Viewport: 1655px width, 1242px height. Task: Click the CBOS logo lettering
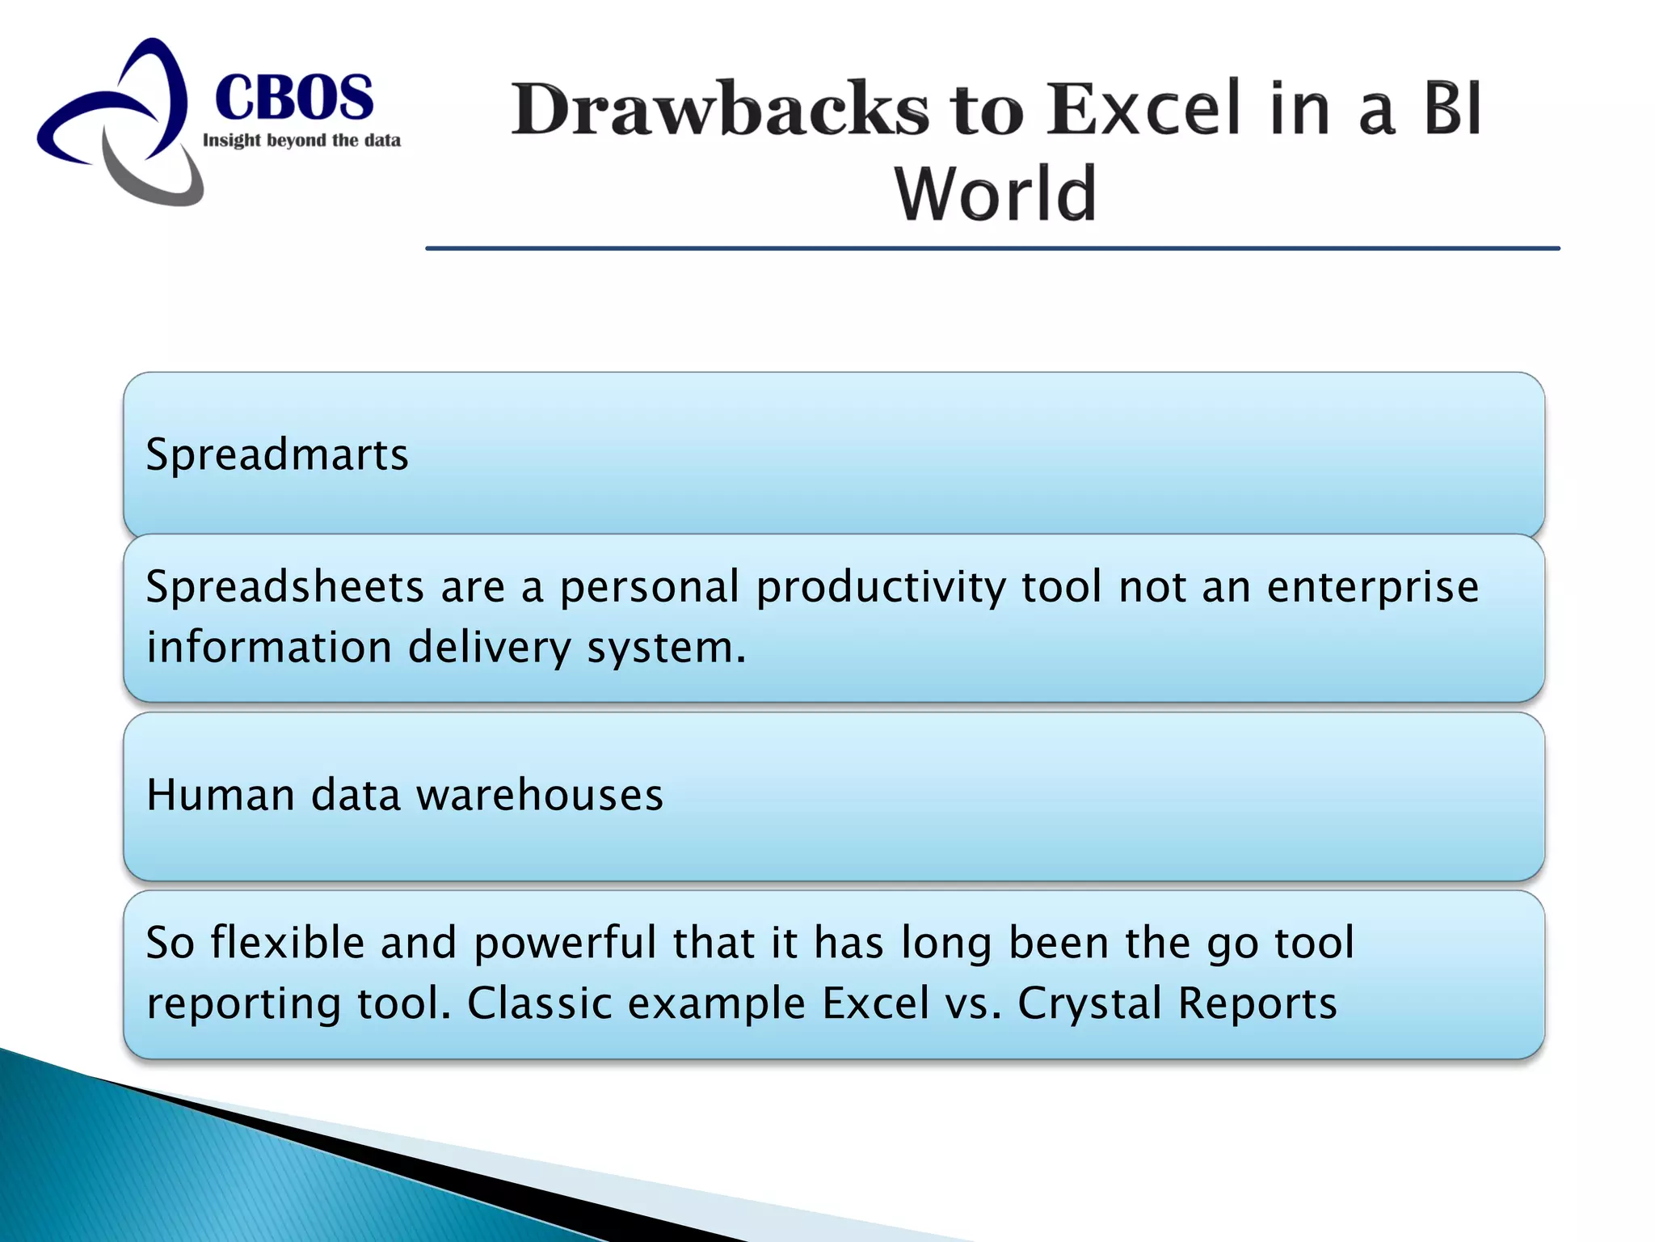coord(294,98)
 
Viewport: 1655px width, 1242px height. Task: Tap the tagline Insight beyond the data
coord(301,141)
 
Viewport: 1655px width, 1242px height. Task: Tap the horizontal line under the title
coord(992,248)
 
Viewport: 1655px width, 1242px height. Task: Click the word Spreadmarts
coord(277,454)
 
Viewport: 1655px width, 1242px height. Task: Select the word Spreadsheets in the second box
coord(284,587)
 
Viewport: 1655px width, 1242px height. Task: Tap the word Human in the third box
coord(221,795)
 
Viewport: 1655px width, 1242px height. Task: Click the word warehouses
coord(539,795)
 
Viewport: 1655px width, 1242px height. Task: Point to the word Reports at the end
coord(1257,1003)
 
